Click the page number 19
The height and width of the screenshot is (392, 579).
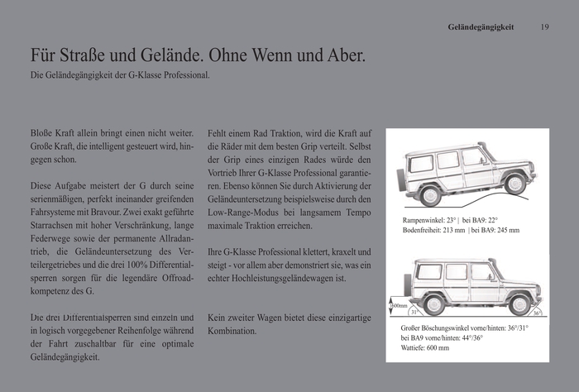click(x=544, y=26)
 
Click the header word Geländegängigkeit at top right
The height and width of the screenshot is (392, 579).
click(x=481, y=26)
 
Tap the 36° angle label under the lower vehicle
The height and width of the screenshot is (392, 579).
click(x=535, y=313)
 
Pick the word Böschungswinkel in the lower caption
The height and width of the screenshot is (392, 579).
click(x=447, y=328)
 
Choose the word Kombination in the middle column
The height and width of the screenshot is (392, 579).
click(x=232, y=331)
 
